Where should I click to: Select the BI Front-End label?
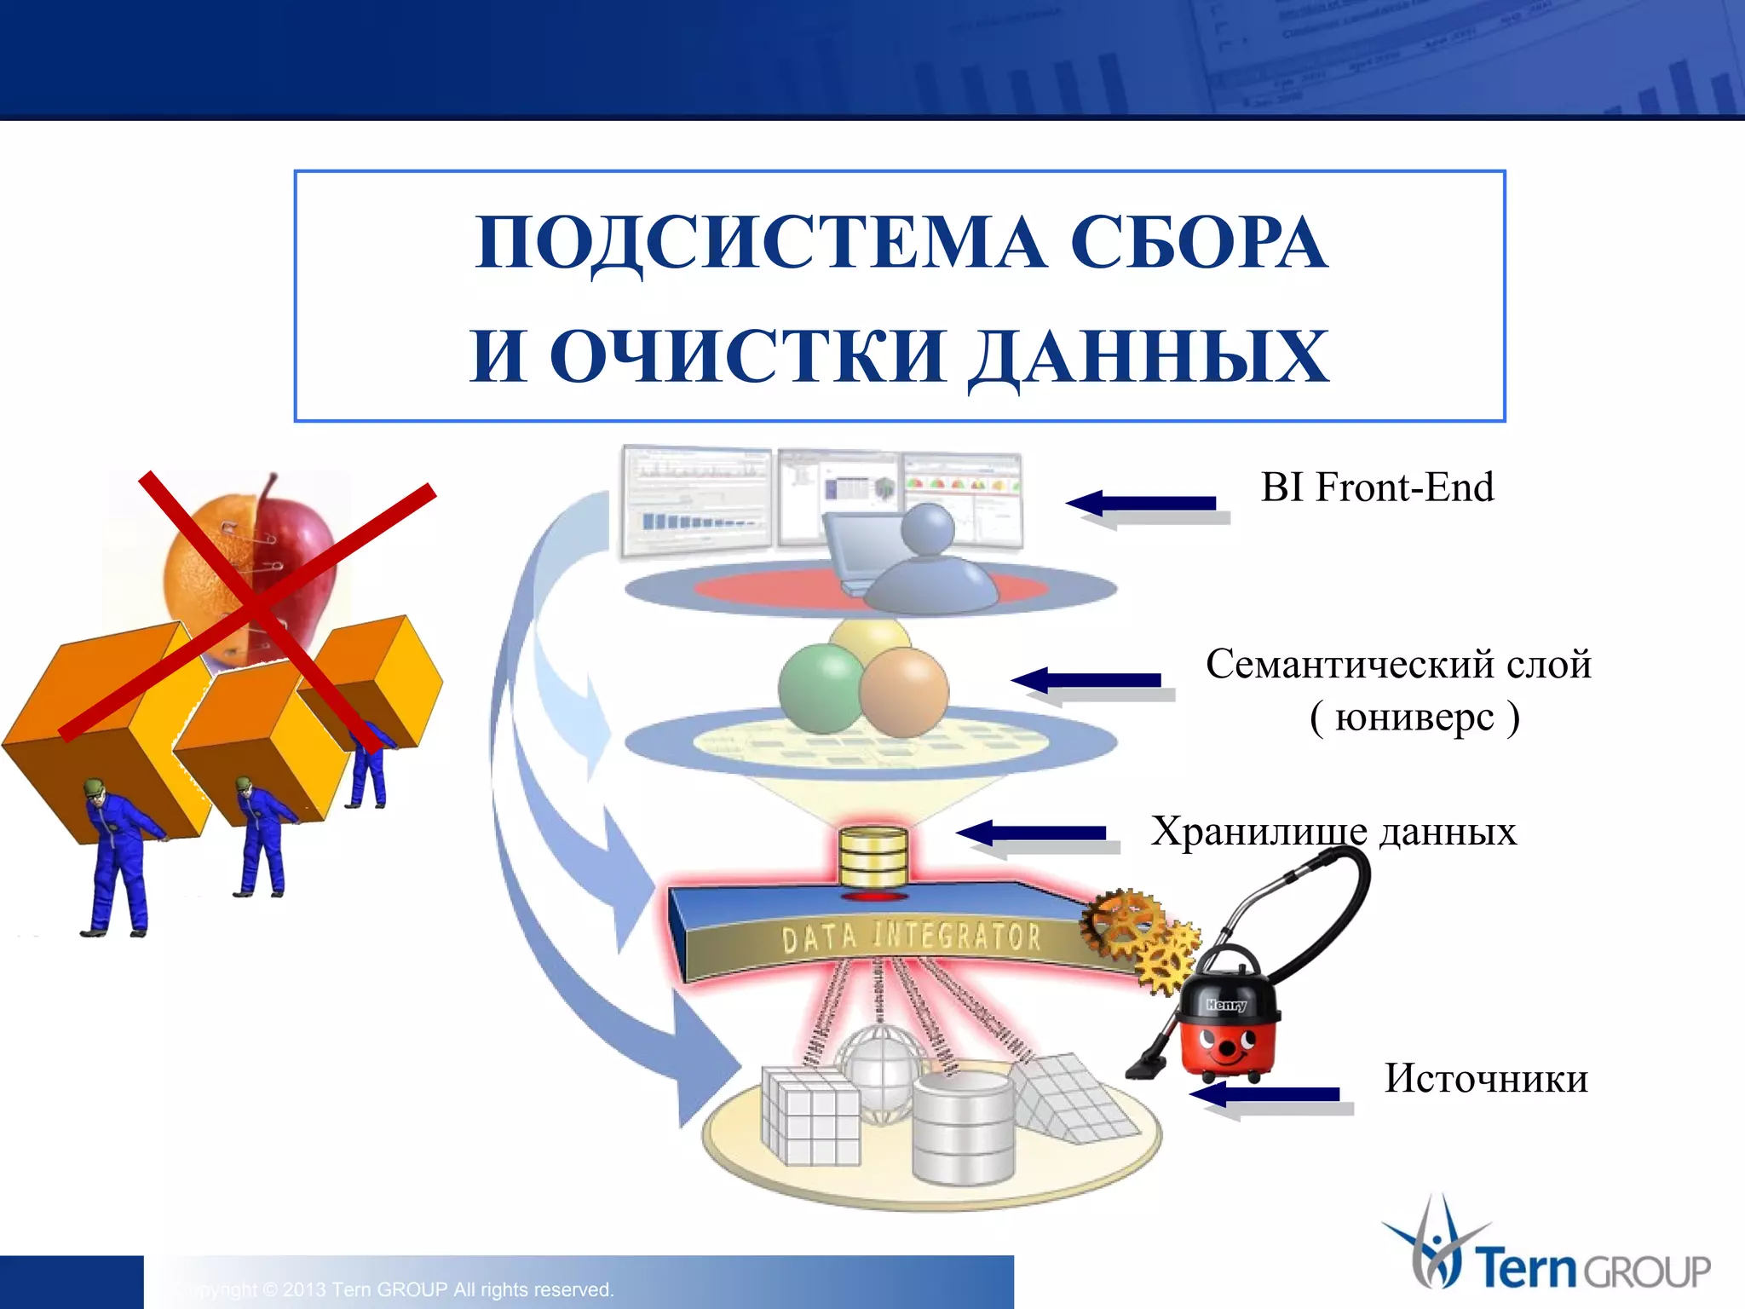coord(1377,488)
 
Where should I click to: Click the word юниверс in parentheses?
coord(1414,718)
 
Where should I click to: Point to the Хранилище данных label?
coord(1333,832)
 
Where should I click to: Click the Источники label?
coord(1485,1079)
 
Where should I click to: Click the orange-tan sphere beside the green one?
coord(904,692)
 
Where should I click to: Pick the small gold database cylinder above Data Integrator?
coord(872,856)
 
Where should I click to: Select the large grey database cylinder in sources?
coord(963,1129)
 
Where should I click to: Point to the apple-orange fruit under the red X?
coord(256,562)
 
